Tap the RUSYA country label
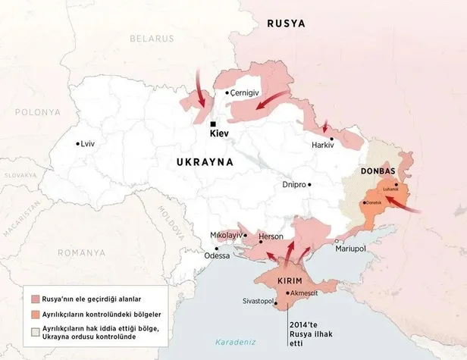pos(286,23)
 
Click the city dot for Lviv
pos(77,143)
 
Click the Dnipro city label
pos(293,184)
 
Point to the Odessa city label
pos(217,256)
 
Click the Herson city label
pos(271,236)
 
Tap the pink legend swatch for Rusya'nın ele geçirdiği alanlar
pos(36,299)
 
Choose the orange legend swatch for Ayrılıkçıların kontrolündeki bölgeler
pos(36,315)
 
